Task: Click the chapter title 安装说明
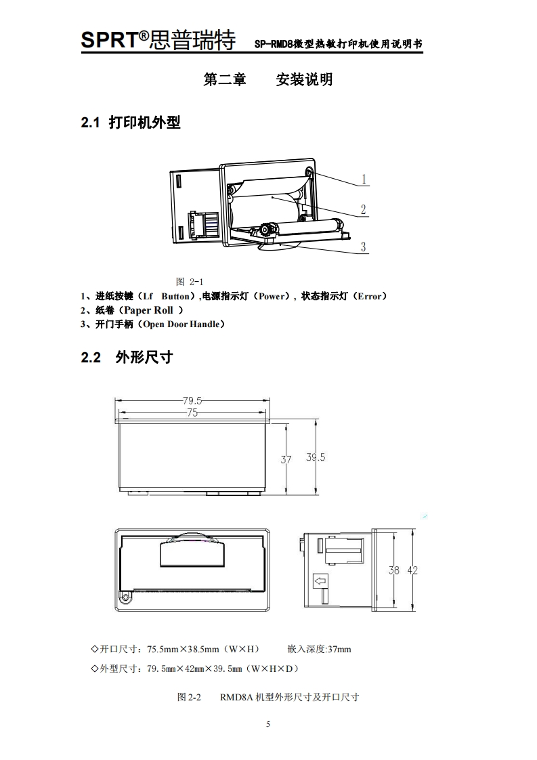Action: (304, 80)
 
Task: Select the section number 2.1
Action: (91, 123)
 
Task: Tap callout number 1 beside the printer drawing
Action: (364, 180)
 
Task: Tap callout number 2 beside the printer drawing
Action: (364, 210)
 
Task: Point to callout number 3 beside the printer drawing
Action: (364, 247)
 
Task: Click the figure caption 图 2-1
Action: (190, 282)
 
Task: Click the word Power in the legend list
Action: (272, 296)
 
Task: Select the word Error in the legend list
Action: (369, 296)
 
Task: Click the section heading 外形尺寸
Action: (144, 357)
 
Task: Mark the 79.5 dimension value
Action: (192, 400)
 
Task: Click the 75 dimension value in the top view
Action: (192, 413)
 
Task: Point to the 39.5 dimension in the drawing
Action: (316, 457)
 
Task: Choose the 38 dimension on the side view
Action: (393, 570)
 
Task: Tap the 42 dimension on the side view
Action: (412, 570)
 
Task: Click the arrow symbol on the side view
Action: (320, 580)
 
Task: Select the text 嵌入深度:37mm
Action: (319, 649)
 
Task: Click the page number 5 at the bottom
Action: (268, 724)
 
